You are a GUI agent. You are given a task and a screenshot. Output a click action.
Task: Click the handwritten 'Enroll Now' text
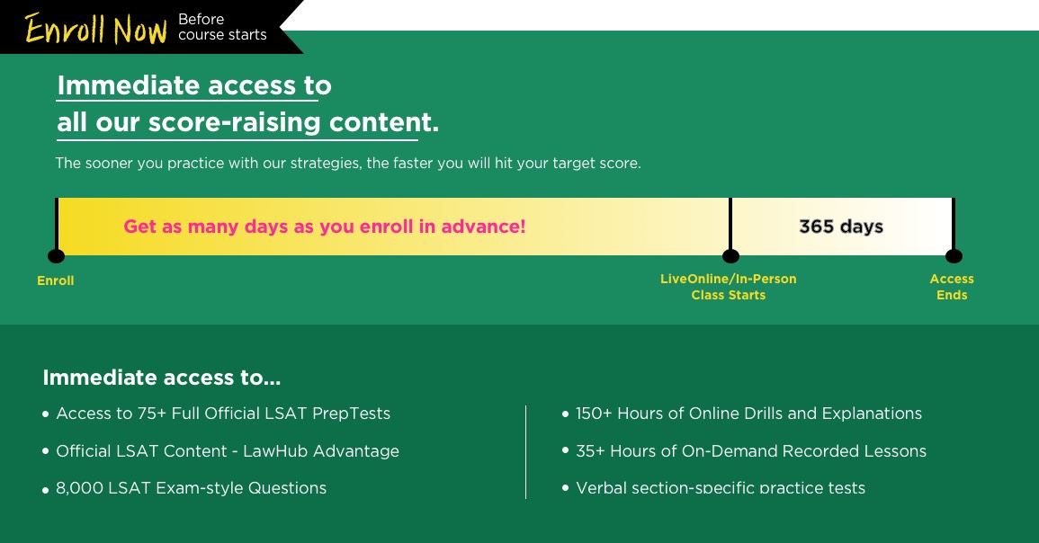coord(96,29)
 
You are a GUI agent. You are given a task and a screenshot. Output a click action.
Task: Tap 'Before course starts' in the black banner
coord(223,27)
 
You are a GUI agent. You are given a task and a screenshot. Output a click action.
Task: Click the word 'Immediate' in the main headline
coord(128,85)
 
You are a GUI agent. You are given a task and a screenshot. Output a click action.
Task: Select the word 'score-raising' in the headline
coord(235,122)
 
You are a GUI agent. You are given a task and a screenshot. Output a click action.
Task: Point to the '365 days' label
coord(841,227)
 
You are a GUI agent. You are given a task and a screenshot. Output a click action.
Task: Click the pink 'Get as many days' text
coord(325,227)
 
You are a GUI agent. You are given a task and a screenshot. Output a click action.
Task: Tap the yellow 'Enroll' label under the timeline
coord(56,280)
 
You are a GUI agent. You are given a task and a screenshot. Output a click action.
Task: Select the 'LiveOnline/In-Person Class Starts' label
coord(729,287)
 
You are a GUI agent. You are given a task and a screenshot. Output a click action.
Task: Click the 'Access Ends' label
coord(952,287)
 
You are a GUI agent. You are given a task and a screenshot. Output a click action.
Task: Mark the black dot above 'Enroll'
coord(57,255)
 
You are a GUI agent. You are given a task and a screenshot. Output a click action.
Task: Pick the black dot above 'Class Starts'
coord(730,255)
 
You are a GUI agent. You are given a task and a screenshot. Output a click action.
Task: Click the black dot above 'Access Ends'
coord(954,255)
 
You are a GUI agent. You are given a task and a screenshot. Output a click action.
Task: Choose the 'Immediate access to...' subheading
coord(162,378)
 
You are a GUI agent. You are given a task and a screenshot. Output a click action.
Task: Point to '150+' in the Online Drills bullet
coord(594,414)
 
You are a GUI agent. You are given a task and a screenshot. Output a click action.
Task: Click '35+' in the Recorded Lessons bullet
coord(590,451)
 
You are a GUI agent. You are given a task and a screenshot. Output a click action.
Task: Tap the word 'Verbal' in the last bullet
coord(601,488)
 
